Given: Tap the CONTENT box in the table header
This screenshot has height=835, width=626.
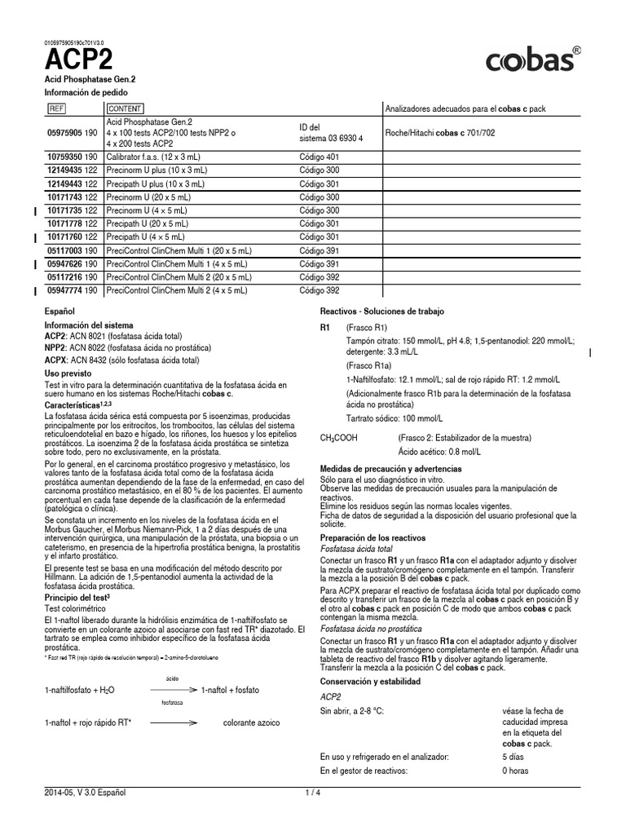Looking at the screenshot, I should [x=125, y=108].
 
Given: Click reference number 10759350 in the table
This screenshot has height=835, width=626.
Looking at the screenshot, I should [x=72, y=155].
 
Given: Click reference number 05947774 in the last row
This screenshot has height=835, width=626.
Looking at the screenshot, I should [x=72, y=290].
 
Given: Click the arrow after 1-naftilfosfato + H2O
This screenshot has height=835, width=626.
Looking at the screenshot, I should [x=171, y=690].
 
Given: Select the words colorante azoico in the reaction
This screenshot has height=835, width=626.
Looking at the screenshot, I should [x=251, y=722].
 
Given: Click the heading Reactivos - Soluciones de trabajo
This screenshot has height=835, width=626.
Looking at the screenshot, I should [x=382, y=312].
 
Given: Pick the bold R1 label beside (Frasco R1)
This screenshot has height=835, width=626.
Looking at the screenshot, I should [x=325, y=327].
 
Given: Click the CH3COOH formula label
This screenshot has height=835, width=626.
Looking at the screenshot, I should [x=340, y=438].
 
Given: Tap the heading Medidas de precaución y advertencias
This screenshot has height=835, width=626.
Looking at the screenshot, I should [x=390, y=469].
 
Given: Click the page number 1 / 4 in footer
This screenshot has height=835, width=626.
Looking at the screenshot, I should [x=313, y=793].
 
